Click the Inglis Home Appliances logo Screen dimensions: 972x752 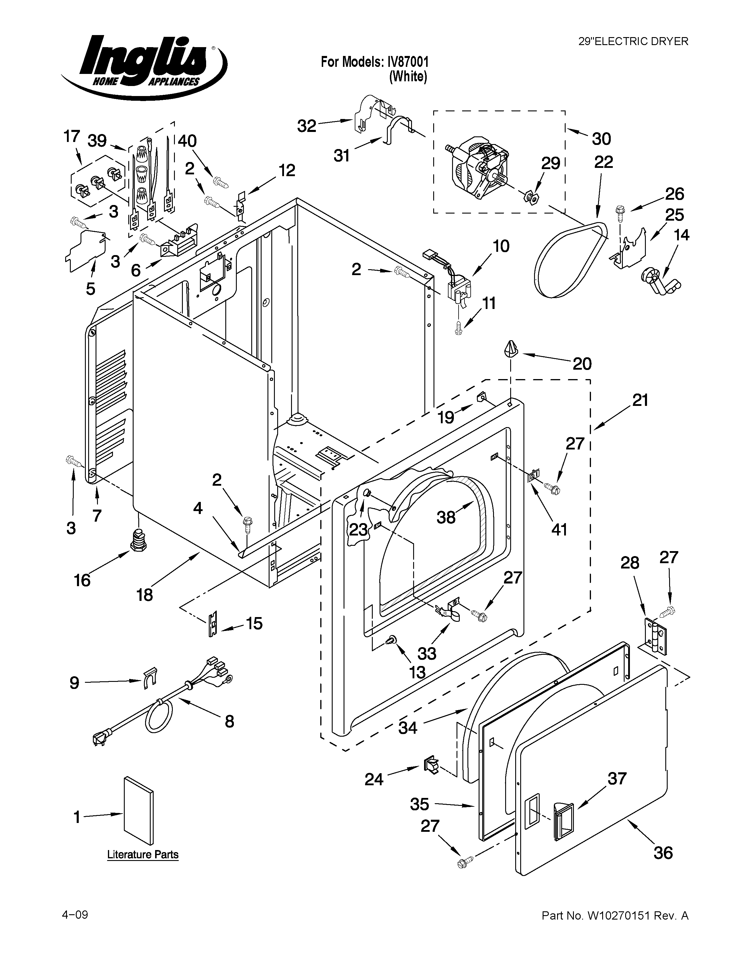tap(143, 67)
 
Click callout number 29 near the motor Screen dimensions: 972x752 tap(550, 163)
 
